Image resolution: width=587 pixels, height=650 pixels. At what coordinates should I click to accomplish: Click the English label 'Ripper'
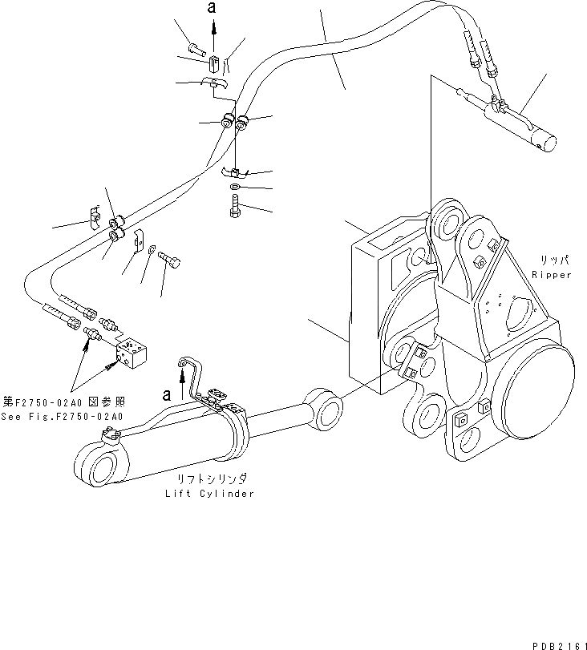click(x=552, y=275)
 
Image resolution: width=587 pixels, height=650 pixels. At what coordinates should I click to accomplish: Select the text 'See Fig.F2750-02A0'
click(x=62, y=417)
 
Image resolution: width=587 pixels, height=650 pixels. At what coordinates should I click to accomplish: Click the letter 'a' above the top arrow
click(x=212, y=7)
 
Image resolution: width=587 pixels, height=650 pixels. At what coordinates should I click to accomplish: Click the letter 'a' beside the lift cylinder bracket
click(x=166, y=394)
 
